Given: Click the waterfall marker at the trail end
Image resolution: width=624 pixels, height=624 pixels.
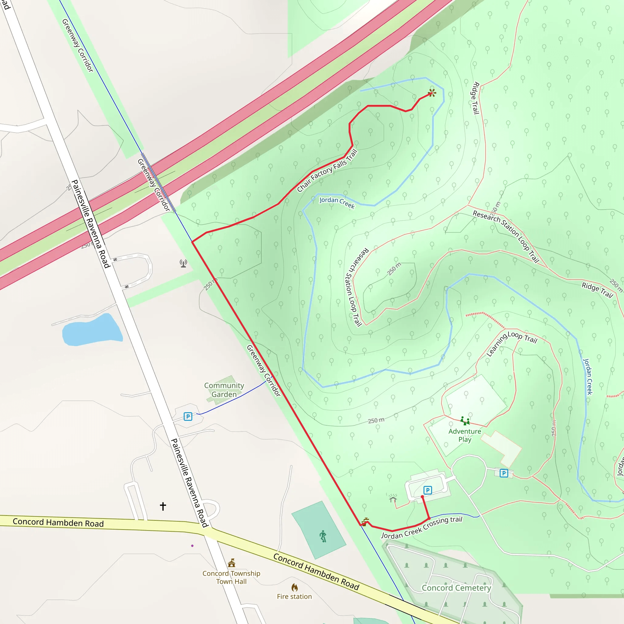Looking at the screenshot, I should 432,93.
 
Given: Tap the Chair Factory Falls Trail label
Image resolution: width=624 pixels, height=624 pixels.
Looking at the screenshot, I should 327,171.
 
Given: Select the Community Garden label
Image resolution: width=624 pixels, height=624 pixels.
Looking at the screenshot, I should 224,390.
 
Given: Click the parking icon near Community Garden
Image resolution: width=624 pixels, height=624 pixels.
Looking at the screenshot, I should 188,417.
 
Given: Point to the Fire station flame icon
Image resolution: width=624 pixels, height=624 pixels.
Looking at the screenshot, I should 295,587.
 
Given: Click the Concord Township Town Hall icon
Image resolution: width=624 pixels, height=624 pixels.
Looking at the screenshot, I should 232,563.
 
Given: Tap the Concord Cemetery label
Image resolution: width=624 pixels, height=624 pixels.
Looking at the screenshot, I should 456,588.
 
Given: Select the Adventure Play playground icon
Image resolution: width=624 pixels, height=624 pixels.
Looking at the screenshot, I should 465,421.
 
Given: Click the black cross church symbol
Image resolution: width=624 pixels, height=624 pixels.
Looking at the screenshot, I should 163,506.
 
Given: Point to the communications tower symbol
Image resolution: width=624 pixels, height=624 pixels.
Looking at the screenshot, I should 183,264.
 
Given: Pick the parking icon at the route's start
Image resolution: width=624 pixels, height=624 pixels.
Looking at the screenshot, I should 427,490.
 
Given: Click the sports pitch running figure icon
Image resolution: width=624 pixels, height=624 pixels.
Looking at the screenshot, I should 323,536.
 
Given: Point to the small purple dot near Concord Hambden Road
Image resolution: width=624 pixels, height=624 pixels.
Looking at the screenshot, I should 193,546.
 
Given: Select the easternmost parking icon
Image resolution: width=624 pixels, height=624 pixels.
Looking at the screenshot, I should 504,473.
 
